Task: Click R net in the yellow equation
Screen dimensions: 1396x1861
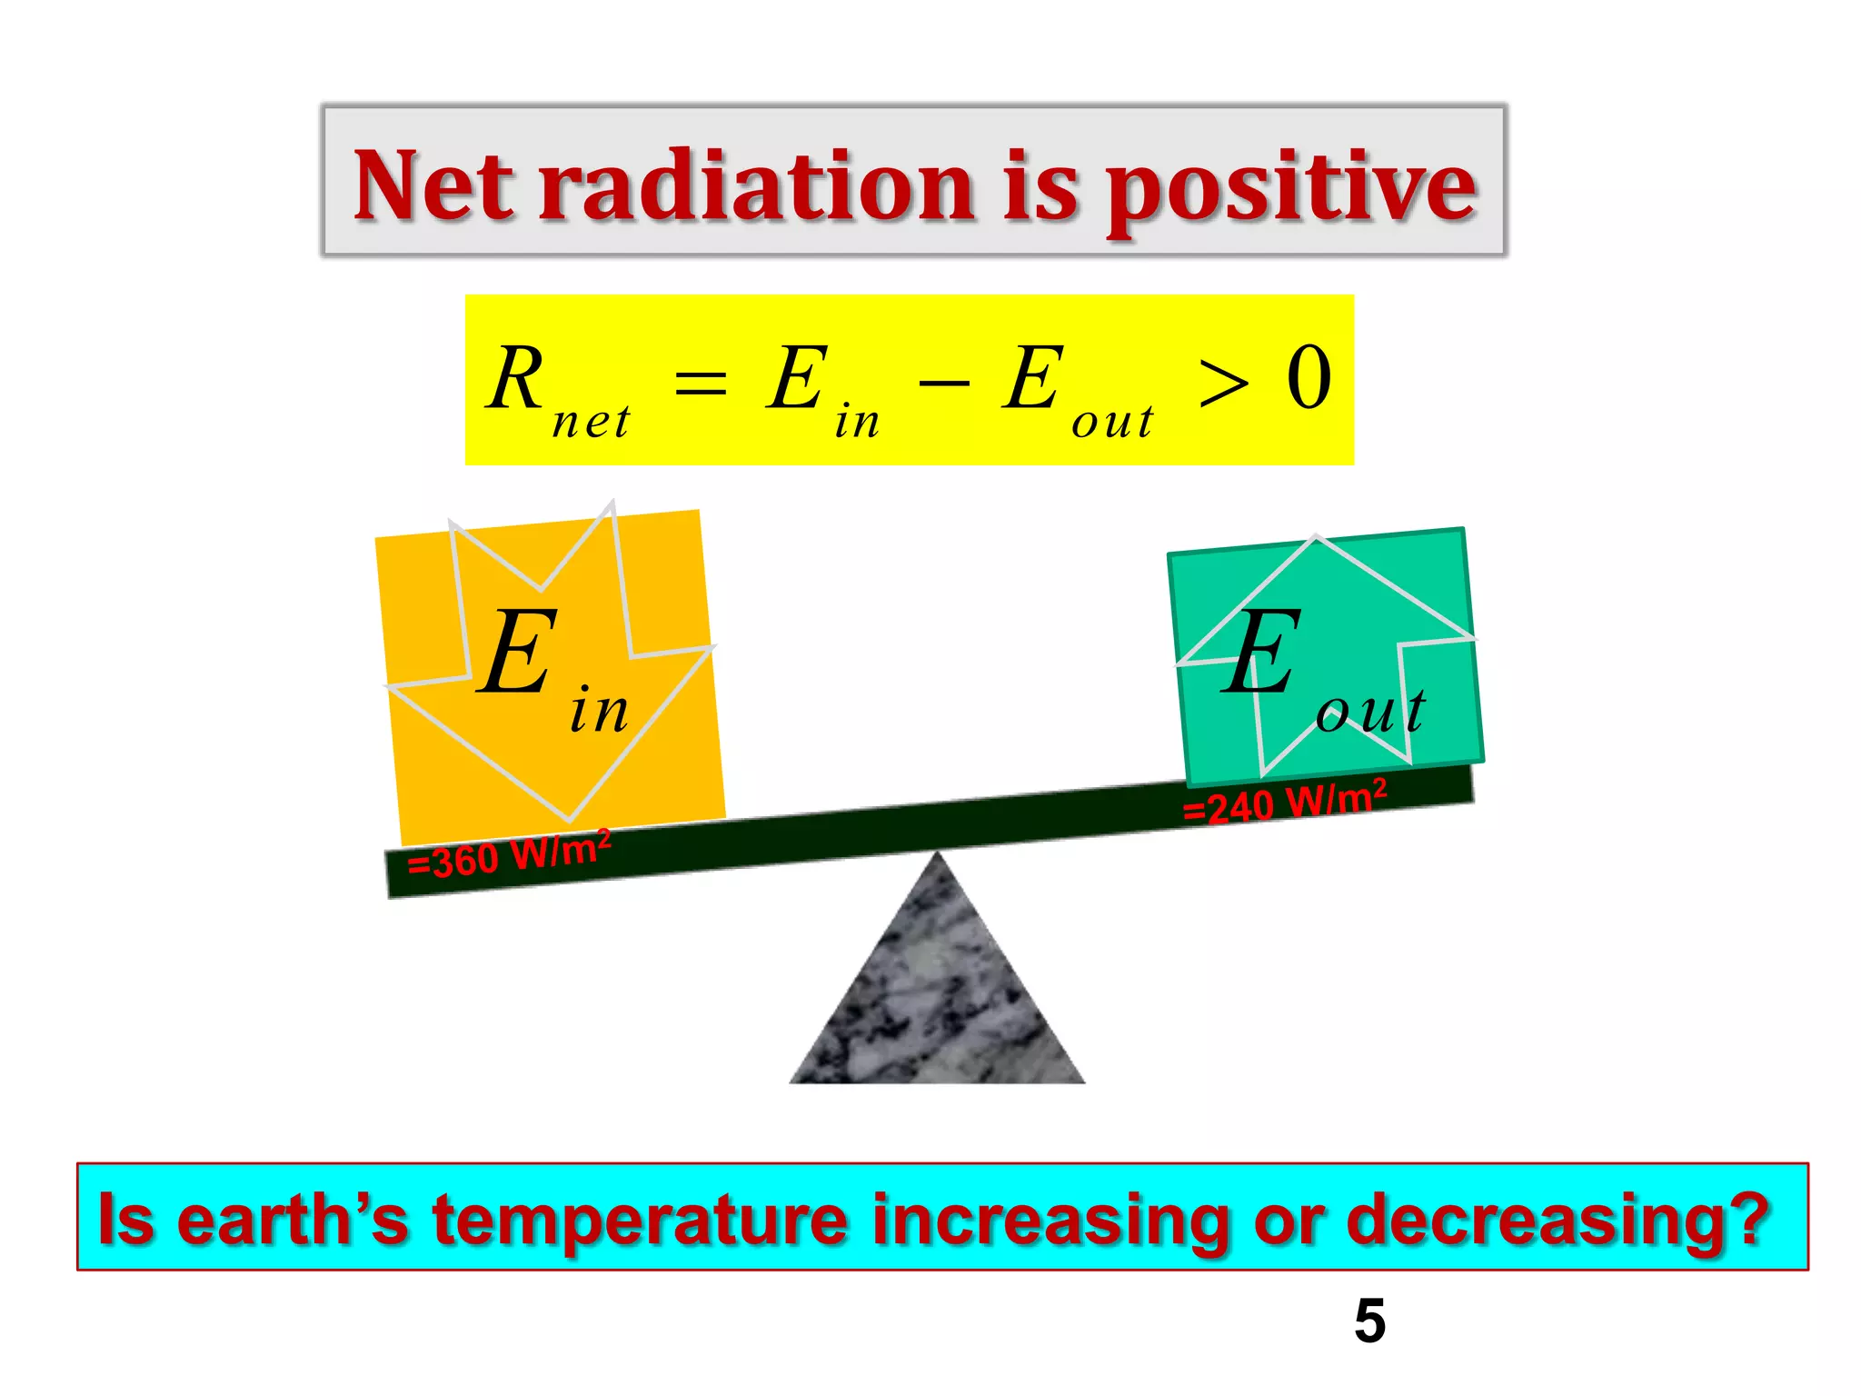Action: (554, 389)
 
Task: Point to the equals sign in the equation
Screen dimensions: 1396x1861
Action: (701, 382)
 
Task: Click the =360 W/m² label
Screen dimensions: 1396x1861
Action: (509, 854)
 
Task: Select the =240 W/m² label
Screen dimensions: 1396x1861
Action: (1285, 802)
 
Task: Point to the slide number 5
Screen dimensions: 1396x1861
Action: (1369, 1321)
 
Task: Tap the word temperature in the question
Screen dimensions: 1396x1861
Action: (640, 1220)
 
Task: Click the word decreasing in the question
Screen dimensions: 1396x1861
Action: (1556, 1220)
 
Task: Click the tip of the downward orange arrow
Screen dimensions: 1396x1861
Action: (570, 816)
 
